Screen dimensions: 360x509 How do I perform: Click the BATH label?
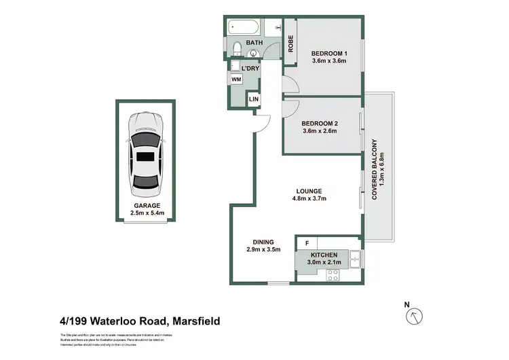254,43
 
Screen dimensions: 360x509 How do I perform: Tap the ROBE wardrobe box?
290,43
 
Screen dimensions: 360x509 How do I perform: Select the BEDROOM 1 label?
328,53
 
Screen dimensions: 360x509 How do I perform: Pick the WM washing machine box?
236,79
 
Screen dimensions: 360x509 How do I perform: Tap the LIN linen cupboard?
254,100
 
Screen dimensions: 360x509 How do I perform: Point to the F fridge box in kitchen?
307,242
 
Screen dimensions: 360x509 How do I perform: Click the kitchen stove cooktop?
333,275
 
